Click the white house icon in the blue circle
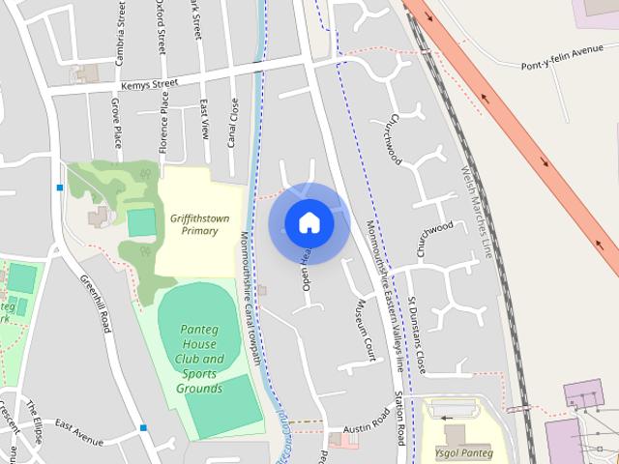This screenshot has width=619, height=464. coord(309,223)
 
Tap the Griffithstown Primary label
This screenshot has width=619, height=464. coord(193,224)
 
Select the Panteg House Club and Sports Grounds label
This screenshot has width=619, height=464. coord(200,359)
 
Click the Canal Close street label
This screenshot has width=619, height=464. coord(233,123)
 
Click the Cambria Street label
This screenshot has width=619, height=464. coord(120,35)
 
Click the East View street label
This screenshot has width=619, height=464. coord(204,119)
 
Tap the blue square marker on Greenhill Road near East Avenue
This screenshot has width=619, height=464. coord(143,427)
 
